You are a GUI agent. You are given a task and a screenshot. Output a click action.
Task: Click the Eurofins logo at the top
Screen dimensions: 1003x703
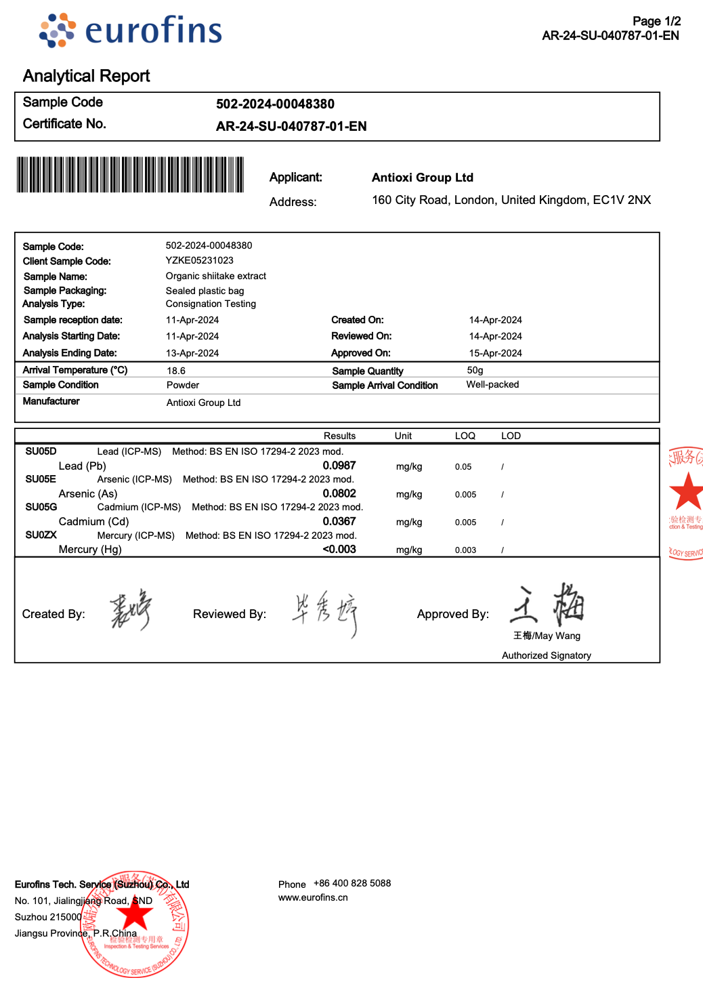pos(131,30)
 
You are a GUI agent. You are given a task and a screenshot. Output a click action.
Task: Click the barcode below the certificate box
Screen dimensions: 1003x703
pos(130,175)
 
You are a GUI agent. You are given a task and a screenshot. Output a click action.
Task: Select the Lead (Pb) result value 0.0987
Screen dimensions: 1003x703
pos(339,466)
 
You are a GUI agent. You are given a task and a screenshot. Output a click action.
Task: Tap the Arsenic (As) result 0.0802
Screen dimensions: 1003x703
pos(339,493)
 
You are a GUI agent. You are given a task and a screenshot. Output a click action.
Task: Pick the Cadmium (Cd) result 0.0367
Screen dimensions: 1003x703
pos(339,521)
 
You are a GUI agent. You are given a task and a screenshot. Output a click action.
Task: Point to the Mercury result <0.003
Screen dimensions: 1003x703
pos(339,549)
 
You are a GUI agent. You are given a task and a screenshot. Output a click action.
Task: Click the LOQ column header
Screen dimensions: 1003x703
pos(465,436)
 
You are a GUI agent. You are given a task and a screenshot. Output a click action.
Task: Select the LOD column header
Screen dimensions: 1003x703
pos(511,436)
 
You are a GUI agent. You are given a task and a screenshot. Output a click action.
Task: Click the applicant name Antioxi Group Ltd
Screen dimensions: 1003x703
pos(423,178)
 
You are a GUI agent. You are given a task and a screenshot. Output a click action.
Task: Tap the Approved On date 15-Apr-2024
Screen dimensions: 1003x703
pos(495,353)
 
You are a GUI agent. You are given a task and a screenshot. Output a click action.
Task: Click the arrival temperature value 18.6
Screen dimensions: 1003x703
pos(176,371)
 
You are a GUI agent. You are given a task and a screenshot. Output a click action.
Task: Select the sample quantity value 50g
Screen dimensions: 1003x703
pos(475,370)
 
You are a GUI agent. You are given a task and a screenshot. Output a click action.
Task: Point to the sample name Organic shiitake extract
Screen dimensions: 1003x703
pos(216,276)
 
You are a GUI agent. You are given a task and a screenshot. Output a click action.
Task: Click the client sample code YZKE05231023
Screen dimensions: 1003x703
pos(200,260)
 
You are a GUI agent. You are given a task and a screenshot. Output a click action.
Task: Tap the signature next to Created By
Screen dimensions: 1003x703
pos(131,609)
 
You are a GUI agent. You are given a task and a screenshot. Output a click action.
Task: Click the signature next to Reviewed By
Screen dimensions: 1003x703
pos(325,611)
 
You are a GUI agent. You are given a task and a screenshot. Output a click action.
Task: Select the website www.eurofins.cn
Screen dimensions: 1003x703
pos(313,897)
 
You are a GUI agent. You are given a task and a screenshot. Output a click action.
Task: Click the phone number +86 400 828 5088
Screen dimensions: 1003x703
pos(352,883)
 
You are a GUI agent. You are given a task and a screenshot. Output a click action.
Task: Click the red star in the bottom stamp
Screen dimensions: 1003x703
pos(135,914)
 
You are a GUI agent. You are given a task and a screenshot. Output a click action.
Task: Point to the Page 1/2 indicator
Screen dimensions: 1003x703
pos(656,21)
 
